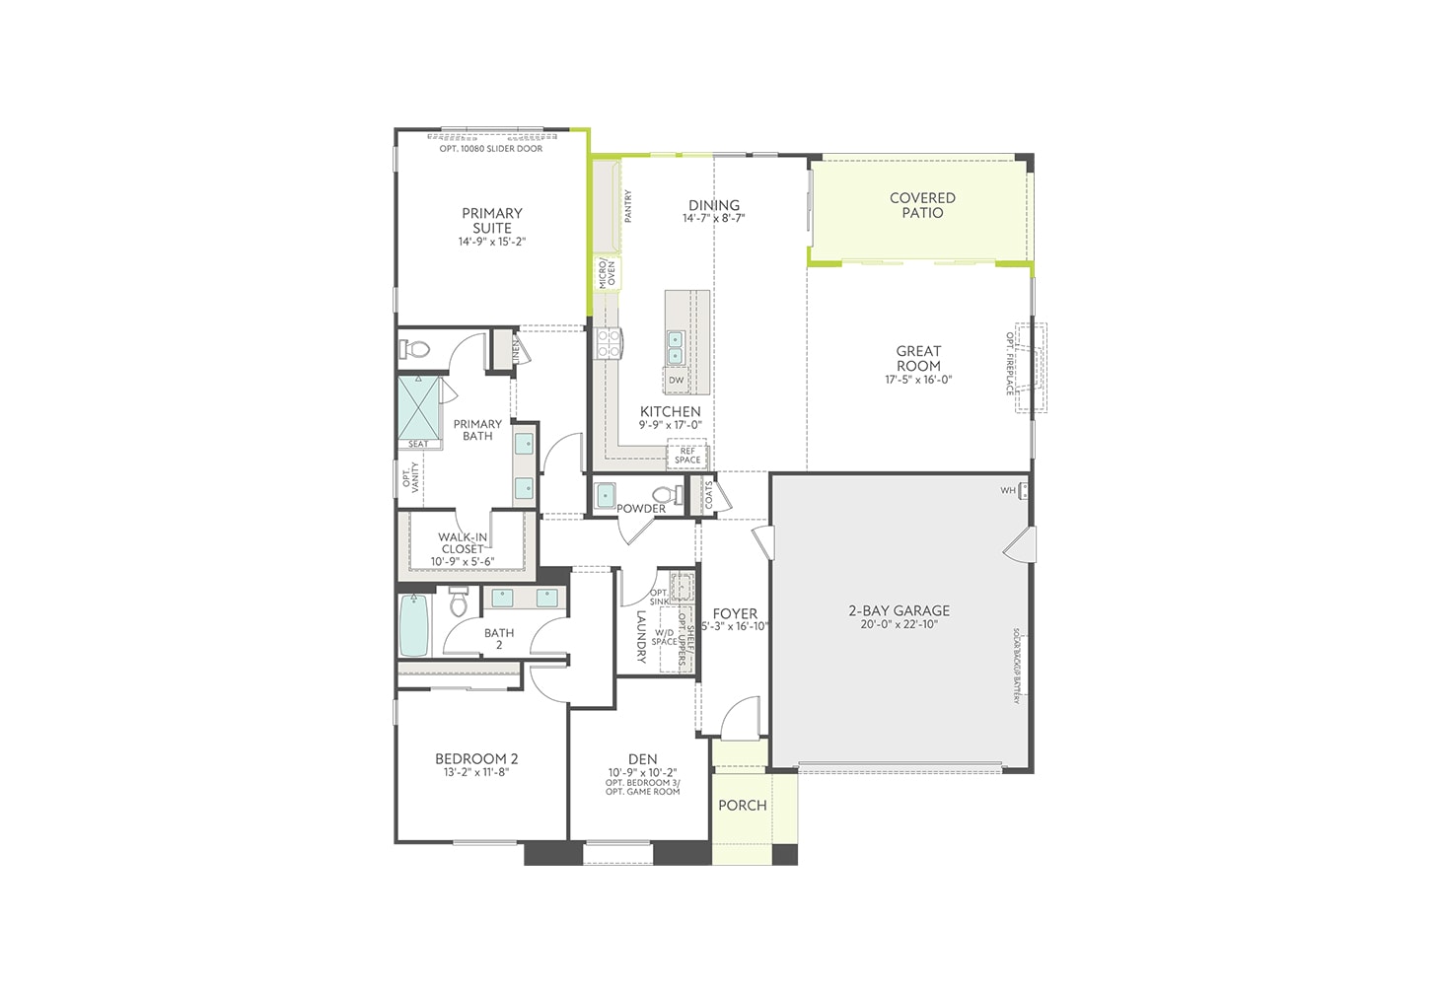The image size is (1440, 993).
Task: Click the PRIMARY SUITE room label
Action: (492, 220)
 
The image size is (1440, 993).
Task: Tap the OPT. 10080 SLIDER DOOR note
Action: (491, 149)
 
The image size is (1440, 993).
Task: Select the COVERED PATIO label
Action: (922, 205)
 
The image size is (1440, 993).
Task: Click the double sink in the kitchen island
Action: (676, 347)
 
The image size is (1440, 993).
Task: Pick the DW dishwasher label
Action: (676, 381)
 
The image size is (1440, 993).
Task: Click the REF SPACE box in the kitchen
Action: (687, 456)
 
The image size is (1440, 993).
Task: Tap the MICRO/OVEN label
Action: (607, 273)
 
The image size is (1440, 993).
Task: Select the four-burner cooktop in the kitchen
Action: (608, 343)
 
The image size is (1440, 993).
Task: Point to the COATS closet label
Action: (708, 495)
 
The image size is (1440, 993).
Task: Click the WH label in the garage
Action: (1008, 490)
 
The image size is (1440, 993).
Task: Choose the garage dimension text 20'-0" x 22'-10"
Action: (899, 624)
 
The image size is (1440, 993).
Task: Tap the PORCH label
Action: (743, 806)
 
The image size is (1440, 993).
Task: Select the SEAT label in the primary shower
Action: (418, 445)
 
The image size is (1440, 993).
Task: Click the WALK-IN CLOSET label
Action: (463, 543)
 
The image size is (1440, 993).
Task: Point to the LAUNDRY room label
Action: (641, 636)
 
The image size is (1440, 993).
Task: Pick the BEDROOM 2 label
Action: (476, 758)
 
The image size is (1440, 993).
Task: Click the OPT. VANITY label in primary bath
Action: (410, 479)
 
